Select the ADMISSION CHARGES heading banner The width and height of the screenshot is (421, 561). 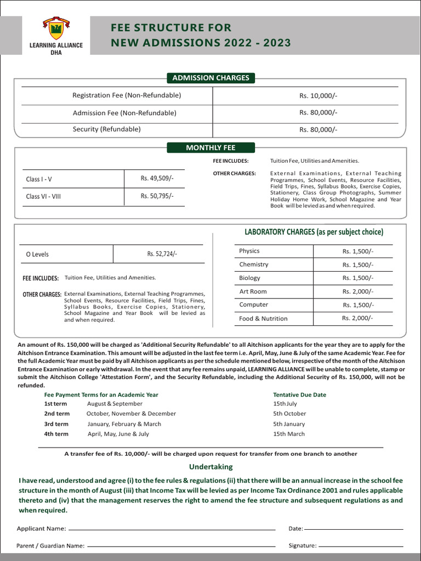[210, 78]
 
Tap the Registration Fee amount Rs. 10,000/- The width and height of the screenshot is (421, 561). [318, 96]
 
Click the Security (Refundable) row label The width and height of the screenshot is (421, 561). [107, 129]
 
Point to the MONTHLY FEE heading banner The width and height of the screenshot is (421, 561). [210, 147]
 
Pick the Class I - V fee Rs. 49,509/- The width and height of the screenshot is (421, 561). [157, 178]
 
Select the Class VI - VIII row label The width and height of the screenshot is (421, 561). [43, 196]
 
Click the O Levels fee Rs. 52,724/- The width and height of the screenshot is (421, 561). [162, 254]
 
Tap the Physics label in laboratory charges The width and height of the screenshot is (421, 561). [249, 251]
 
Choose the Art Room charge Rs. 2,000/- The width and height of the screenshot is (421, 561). [357, 291]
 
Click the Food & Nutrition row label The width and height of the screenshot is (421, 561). [263, 318]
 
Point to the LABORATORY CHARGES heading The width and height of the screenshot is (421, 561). [314, 232]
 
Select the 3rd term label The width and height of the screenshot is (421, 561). [56, 424]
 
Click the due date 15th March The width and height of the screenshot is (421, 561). [289, 434]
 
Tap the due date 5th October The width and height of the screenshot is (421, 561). [289, 414]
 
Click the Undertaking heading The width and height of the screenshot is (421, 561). [210, 467]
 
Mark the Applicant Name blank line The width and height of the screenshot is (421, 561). [172, 529]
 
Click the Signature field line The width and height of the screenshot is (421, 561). [361, 546]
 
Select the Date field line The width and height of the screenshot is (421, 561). [354, 529]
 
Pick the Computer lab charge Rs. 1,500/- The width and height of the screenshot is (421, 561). [358, 305]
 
